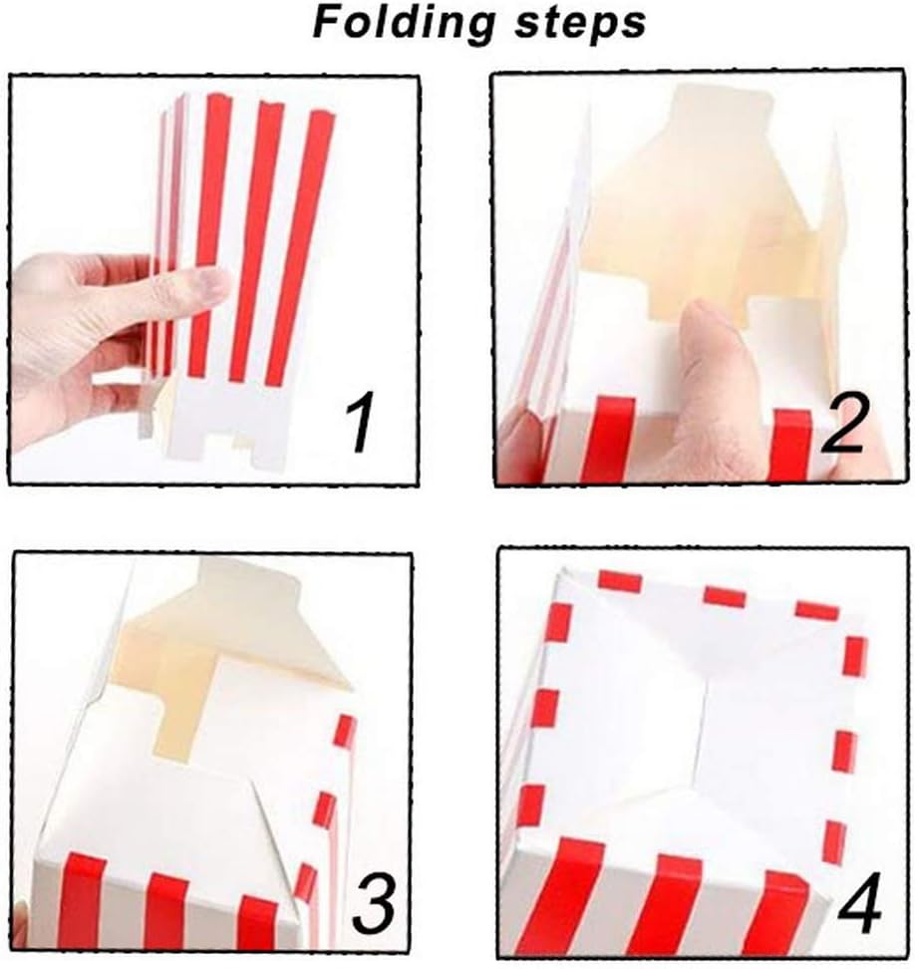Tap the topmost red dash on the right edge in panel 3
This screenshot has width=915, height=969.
point(345,730)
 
